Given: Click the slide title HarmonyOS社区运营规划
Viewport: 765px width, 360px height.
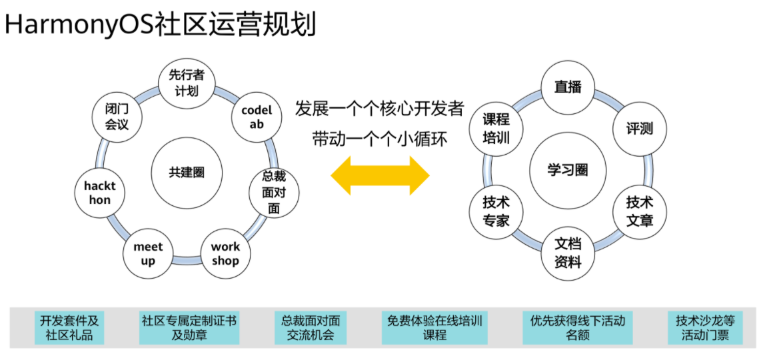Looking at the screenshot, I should coord(160,25).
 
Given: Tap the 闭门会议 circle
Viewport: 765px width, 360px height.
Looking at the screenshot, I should coord(117,116).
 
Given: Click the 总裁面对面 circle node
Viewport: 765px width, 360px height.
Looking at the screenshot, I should coord(274,192).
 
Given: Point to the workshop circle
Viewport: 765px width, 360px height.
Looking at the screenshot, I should coord(226,253).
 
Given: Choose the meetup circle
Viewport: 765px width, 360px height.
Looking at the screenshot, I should coord(148,253).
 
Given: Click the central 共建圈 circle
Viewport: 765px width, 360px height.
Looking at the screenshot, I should coord(187,172).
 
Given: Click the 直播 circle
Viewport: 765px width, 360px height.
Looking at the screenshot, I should coord(568,87).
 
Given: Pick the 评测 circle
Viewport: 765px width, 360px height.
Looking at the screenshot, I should coord(639,129).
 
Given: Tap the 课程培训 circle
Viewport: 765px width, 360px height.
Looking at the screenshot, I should coord(496,129).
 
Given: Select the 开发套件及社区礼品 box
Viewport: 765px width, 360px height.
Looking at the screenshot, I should coord(69,327).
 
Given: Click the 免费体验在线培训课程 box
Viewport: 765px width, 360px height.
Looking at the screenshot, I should coord(434,327).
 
